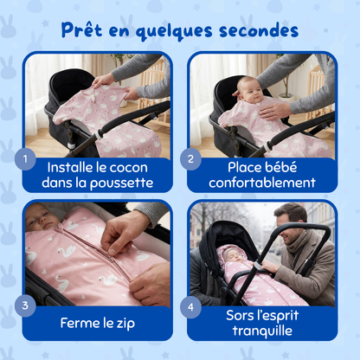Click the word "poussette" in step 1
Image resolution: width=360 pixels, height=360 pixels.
pyautogui.click(x=121, y=183)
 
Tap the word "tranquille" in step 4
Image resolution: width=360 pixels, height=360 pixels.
pyautogui.click(x=261, y=331)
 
